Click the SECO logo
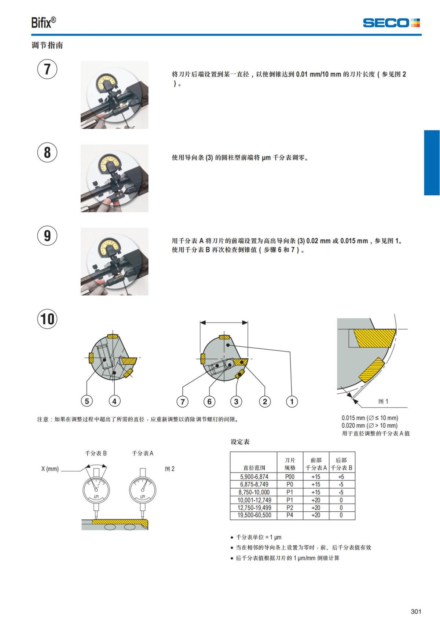click(x=391, y=23)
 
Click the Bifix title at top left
click(x=43, y=23)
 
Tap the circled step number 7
click(x=47, y=69)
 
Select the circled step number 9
click(x=47, y=236)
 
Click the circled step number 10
click(x=47, y=319)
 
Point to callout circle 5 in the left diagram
click(x=87, y=401)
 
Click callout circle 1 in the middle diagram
click(x=292, y=401)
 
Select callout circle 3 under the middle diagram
click(x=236, y=401)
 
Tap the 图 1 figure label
click(x=383, y=401)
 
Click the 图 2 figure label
click(x=169, y=469)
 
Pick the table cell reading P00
click(x=290, y=477)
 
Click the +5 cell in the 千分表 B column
click(x=341, y=477)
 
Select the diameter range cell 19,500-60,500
click(x=254, y=515)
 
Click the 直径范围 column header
click(x=254, y=468)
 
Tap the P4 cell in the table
click(x=290, y=515)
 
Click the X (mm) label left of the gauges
click(x=50, y=469)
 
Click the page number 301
click(x=416, y=611)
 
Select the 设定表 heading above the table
click(x=240, y=442)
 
